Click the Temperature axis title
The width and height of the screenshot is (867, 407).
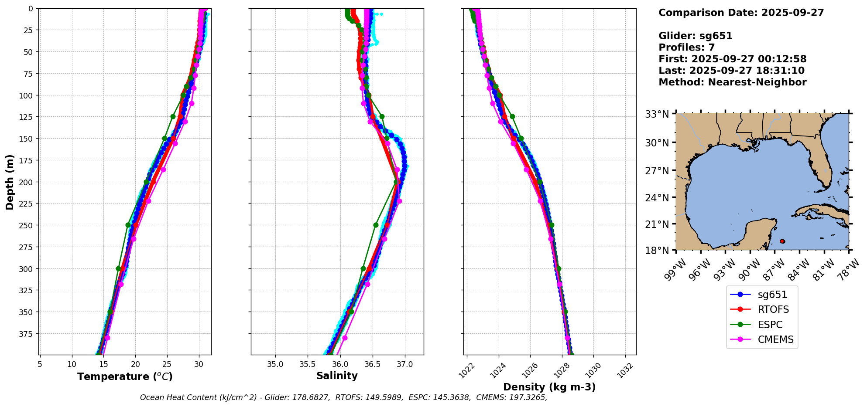point(125,376)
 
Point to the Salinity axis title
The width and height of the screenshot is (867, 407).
point(337,376)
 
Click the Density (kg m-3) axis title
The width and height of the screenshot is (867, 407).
point(549,387)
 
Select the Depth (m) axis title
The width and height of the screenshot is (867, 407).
point(10,182)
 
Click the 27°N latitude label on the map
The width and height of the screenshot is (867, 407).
point(657,171)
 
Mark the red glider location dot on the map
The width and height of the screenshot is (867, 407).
point(782,241)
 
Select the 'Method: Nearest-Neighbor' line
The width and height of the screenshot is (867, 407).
point(732,82)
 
